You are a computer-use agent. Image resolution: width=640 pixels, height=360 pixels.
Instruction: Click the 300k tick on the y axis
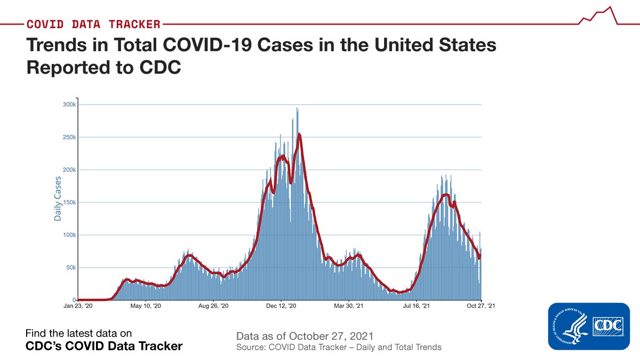coord(69,105)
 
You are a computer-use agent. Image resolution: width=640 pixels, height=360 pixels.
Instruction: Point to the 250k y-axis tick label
coord(69,137)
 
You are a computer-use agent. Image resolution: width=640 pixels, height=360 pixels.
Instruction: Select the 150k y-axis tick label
coord(69,202)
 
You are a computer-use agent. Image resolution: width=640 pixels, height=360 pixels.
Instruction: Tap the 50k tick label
coord(71,267)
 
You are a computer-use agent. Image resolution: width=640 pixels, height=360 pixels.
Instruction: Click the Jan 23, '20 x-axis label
coord(78,306)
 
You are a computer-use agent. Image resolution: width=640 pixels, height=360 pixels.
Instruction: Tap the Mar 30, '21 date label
coord(348,306)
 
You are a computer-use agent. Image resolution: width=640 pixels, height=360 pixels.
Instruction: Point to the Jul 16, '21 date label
coord(416,306)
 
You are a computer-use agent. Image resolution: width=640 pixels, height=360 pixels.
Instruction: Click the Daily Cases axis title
coord(58,198)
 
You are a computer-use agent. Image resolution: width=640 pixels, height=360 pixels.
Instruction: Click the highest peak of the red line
coord(300,134)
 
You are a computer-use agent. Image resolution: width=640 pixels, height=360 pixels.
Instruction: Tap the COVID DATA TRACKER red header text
coord(93,24)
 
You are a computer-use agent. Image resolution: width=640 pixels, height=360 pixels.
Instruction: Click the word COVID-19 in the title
coord(207,46)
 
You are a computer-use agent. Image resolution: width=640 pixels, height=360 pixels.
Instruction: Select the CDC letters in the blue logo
coord(607,326)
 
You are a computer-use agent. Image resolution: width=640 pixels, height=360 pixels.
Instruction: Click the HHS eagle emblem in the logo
coord(570,326)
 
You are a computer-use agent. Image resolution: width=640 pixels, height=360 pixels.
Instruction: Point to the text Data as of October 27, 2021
coord(305,337)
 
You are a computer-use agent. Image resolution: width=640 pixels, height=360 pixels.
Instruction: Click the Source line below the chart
coord(339,347)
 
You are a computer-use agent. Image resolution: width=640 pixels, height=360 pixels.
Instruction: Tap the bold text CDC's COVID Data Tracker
coord(104,346)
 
